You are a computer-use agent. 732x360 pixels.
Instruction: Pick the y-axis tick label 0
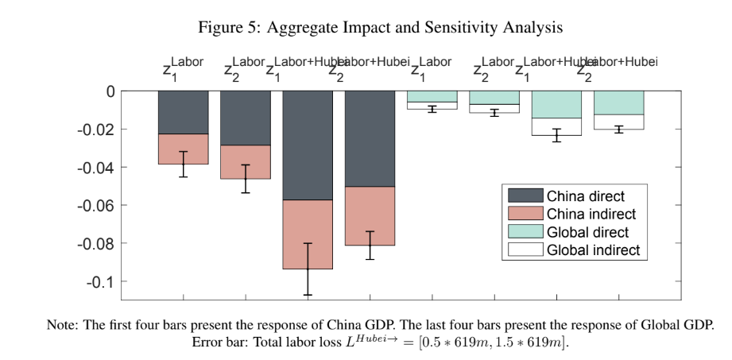pos(110,91)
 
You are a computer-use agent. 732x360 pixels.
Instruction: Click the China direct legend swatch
pos(521,196)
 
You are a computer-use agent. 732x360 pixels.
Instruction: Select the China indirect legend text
pos(591,214)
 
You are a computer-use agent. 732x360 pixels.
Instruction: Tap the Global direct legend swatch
pos(521,232)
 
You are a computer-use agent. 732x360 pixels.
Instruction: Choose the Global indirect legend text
pos(593,250)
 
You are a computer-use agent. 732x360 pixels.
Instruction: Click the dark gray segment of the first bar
pos(183,112)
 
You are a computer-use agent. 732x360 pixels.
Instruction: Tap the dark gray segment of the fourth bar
pos(370,138)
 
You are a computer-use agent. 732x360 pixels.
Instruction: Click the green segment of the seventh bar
pos(556,104)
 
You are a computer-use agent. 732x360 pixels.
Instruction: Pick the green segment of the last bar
pos(618,103)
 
